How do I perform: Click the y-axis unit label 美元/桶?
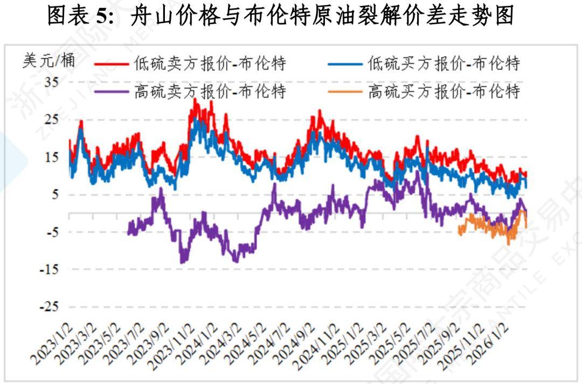[48, 60]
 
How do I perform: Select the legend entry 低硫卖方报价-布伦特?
[210, 64]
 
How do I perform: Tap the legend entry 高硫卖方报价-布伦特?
[210, 91]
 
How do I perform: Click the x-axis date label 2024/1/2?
[202, 345]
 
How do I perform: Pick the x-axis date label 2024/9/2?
[299, 345]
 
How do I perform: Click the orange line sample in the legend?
[344, 91]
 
